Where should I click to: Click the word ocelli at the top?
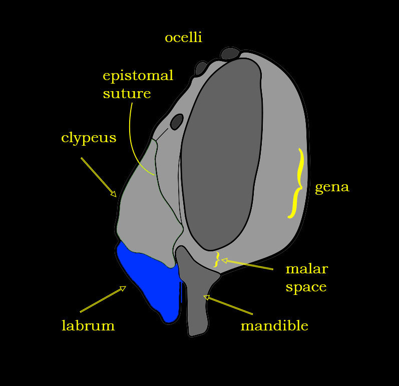(x=183, y=38)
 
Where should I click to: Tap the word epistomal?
(x=138, y=76)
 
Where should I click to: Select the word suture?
(x=127, y=94)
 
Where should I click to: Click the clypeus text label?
(x=89, y=138)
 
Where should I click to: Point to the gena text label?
(x=331, y=187)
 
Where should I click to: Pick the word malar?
(x=306, y=269)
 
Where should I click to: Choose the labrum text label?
(x=88, y=326)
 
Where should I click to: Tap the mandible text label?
(x=274, y=326)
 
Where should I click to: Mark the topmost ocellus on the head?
(x=230, y=53)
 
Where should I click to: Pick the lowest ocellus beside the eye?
(x=176, y=122)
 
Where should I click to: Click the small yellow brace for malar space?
(x=217, y=259)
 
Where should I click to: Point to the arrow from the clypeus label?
(x=99, y=177)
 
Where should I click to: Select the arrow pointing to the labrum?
(x=103, y=299)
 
